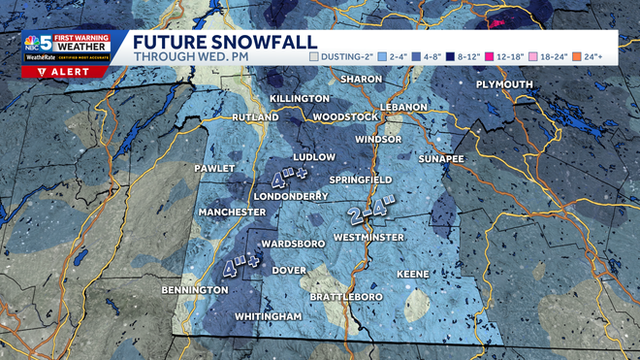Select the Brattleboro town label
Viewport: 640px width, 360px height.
click(x=346, y=296)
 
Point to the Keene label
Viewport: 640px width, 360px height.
click(x=412, y=275)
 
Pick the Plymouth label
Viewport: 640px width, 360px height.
click(x=505, y=84)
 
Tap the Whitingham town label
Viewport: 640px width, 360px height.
click(x=269, y=317)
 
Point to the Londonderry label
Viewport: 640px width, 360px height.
click(x=290, y=195)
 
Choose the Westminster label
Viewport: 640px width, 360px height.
click(x=368, y=237)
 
